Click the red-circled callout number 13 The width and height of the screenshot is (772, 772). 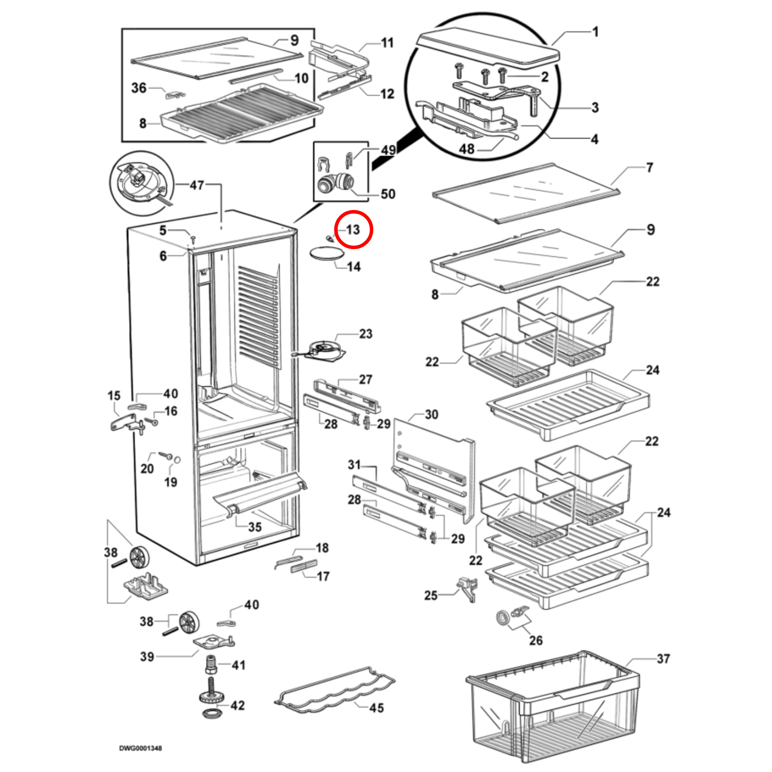coord(353,230)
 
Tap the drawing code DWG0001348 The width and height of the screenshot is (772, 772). coord(141,748)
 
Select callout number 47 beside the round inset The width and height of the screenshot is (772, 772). coord(197,185)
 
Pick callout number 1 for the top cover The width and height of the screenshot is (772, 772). coord(595,32)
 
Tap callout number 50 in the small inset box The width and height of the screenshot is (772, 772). coord(388,194)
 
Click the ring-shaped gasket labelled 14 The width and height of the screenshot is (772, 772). coord(327,254)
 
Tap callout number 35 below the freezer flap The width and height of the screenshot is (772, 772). coord(255,527)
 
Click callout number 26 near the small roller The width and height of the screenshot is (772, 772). coord(536,640)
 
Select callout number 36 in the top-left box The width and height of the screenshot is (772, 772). coord(139,88)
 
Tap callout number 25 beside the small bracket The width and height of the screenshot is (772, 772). coord(431,595)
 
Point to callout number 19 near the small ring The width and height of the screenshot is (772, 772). coord(171,482)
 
